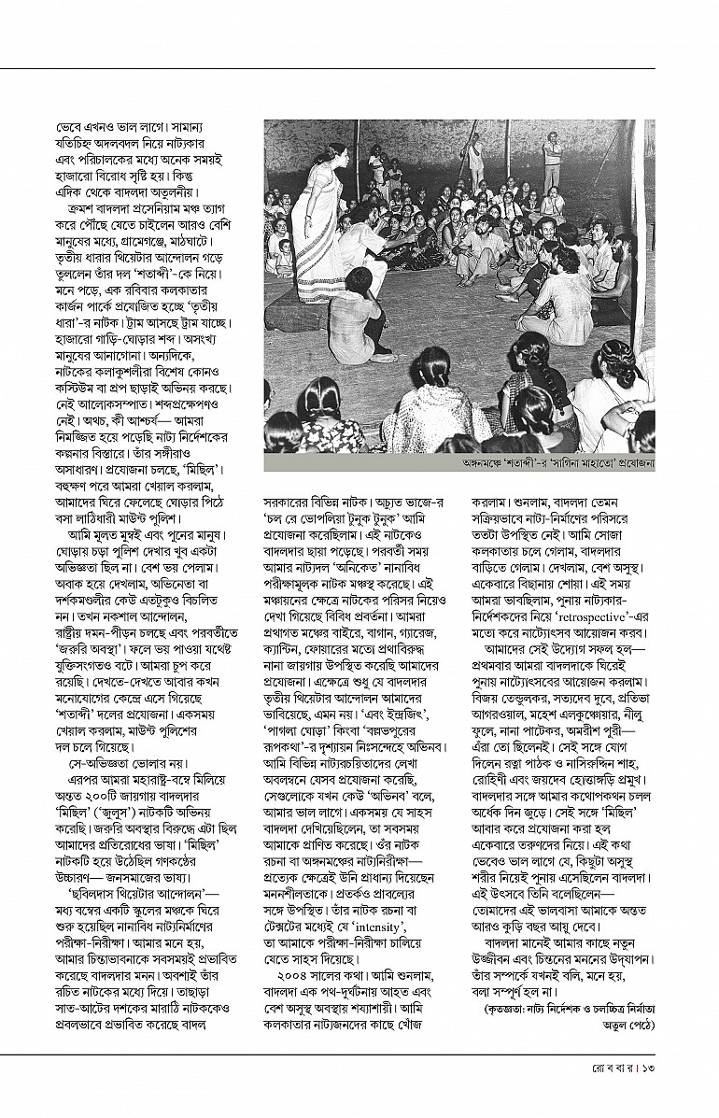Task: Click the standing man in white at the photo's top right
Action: tap(554, 154)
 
